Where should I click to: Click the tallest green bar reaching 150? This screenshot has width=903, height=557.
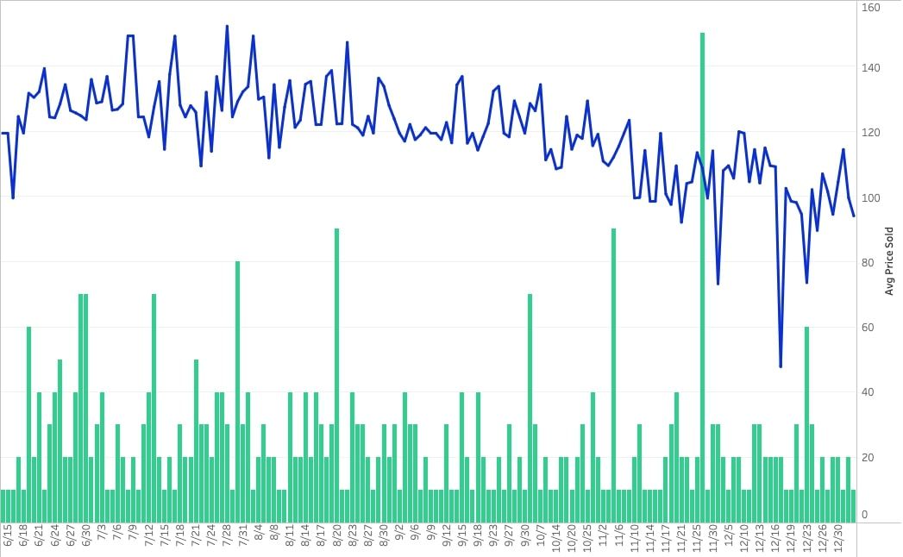click(702, 276)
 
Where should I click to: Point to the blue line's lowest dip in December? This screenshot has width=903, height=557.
click(781, 366)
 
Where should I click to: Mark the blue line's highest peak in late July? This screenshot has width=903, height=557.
click(227, 27)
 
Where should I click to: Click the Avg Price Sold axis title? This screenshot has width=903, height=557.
click(889, 261)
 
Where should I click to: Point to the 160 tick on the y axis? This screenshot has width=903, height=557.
click(870, 8)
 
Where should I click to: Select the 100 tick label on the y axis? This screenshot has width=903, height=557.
click(870, 197)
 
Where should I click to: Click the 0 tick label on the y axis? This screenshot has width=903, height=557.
click(865, 515)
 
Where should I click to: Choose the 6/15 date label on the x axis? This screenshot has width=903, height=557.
click(9, 539)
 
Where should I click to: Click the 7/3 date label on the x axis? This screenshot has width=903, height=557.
click(103, 539)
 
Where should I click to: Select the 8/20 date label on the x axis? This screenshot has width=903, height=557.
click(336, 539)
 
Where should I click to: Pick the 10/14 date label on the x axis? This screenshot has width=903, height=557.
click(555, 539)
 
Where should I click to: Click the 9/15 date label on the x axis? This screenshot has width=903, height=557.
click(461, 539)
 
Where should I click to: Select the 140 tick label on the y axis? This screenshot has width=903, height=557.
click(870, 67)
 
